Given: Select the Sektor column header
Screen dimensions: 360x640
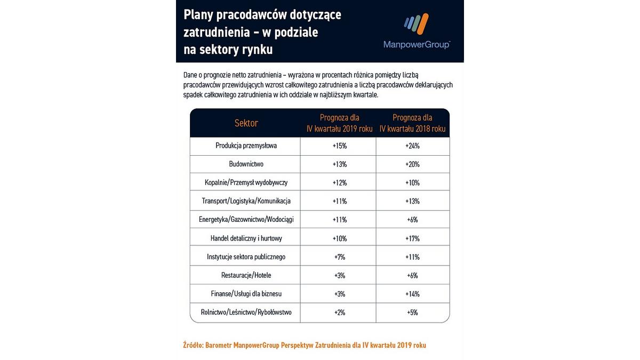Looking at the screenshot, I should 246,123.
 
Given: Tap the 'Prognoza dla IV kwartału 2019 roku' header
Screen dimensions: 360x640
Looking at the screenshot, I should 339,123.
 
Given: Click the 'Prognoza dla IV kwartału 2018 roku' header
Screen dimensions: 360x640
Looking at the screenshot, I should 412,123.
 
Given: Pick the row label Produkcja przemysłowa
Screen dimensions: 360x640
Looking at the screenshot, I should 246,146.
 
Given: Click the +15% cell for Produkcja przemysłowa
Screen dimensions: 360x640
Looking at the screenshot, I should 339,146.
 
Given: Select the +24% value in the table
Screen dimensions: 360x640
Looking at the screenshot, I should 412,146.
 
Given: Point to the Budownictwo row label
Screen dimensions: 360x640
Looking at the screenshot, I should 246,164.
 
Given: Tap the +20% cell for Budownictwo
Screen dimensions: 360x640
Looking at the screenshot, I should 412,164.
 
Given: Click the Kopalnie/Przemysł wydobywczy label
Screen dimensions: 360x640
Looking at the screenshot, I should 246,182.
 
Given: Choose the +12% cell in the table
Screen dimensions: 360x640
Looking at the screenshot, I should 339,182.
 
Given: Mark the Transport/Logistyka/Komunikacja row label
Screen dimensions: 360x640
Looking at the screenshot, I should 246,201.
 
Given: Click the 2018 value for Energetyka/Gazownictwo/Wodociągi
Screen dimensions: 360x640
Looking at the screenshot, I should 412,220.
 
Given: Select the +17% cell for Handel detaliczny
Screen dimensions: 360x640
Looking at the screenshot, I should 412,238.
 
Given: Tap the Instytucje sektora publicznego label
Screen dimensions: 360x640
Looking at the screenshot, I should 246,257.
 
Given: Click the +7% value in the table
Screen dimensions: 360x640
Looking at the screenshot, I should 339,257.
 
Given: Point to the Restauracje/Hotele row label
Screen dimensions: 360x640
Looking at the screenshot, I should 246,275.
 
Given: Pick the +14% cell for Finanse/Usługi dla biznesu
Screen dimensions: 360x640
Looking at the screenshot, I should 412,294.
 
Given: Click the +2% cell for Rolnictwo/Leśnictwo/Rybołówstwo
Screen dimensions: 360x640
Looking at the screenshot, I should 339,313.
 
